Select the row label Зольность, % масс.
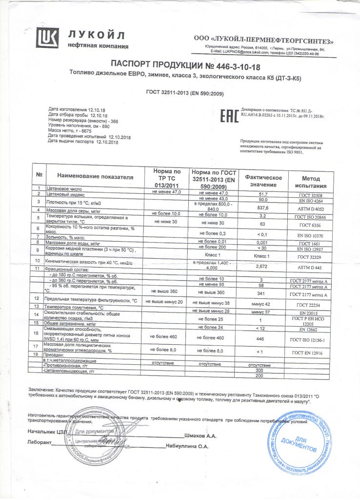[69, 236]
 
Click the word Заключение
[41, 391]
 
